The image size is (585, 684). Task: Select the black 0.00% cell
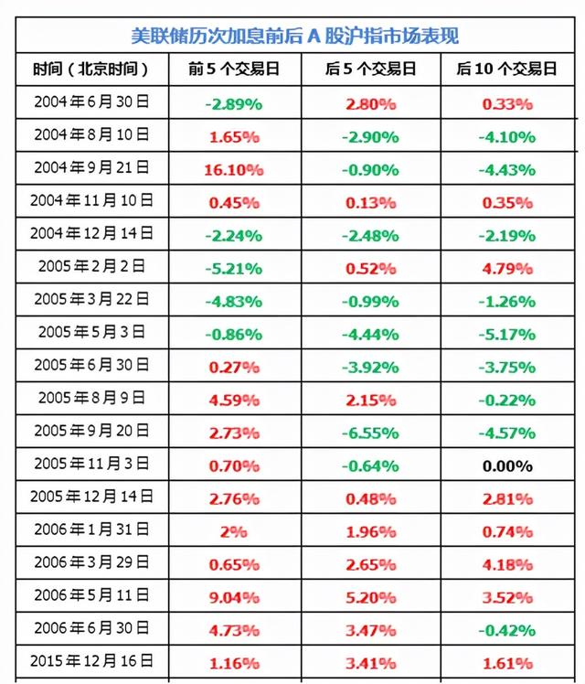507,466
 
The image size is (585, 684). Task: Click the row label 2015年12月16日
92,660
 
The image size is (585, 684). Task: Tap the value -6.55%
369,433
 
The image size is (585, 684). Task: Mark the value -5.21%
234,269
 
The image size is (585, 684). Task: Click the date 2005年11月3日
93,465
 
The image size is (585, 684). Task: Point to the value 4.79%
507,269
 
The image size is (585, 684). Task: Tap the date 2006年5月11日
92,596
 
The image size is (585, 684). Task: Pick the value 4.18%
507,565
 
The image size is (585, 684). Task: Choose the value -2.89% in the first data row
234,104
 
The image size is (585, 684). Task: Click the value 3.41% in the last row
371,662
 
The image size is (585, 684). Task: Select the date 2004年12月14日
92,234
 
